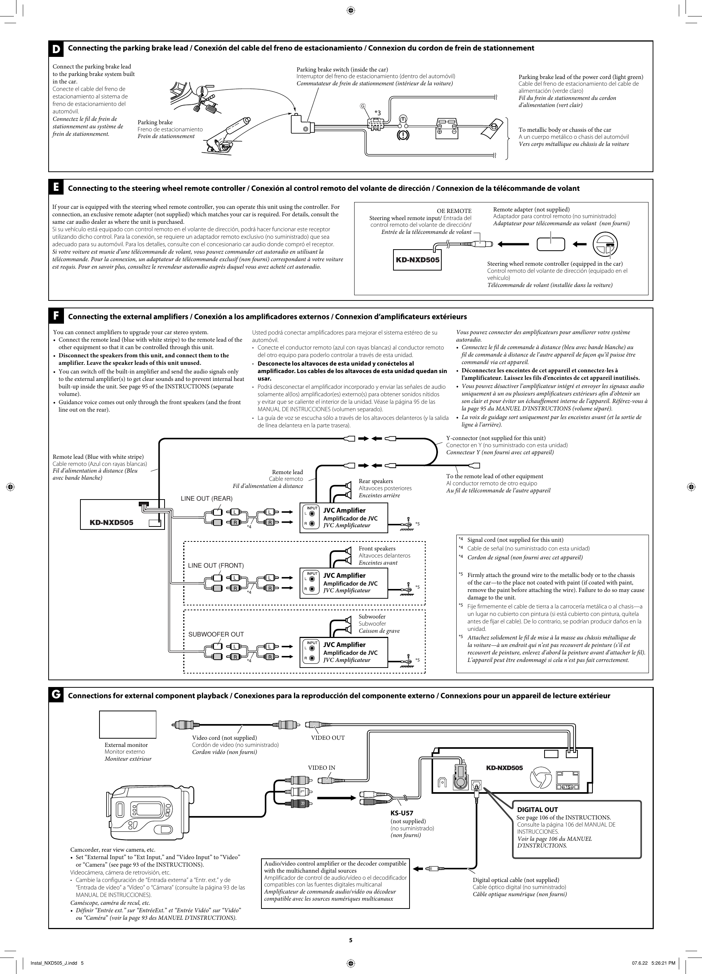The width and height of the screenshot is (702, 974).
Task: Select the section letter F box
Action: pos(56,316)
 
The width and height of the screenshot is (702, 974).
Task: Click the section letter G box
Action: pos(56,695)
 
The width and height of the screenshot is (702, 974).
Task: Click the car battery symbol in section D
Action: pos(447,127)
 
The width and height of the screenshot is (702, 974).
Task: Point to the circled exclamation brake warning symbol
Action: pos(403,135)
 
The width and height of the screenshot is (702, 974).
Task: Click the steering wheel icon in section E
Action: pos(605,244)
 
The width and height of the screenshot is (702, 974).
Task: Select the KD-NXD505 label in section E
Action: pos(418,261)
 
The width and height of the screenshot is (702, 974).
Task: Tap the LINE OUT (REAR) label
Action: pos(206,498)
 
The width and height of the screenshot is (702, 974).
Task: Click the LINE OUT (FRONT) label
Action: pos(215,566)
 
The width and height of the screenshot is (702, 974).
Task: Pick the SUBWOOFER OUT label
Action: pos(216,634)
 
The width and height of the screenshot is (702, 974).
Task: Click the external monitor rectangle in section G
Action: pos(128,724)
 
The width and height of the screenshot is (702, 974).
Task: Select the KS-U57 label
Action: pos(401,813)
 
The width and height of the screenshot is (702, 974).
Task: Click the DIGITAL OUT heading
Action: pos(537,809)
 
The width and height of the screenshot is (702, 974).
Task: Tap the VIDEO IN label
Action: pos(321,768)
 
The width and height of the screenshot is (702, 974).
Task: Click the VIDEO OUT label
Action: pos(328,738)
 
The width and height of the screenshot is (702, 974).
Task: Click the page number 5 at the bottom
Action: pos(350,940)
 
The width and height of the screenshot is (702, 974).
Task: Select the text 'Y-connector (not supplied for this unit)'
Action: pos(496,438)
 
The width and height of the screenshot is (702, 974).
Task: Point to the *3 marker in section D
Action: pos(377,113)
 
